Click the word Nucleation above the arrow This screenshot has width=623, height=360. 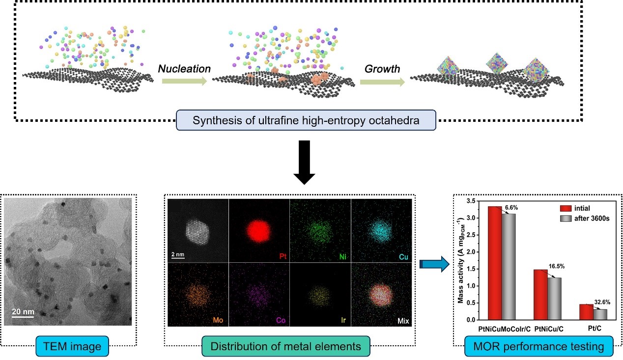pyautogui.click(x=184, y=69)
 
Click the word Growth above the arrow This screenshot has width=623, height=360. pyautogui.click(x=383, y=68)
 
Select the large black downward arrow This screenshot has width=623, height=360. pyautogui.click(x=305, y=162)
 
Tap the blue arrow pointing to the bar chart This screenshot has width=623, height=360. pyautogui.click(x=435, y=265)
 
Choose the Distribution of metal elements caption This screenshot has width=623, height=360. pyautogui.click(x=286, y=346)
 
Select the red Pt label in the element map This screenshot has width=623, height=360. pyautogui.click(x=282, y=256)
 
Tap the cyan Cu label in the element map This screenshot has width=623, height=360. pyautogui.click(x=405, y=256)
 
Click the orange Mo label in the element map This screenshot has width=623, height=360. pyautogui.click(x=219, y=320)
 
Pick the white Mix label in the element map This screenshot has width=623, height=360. pyautogui.click(x=403, y=321)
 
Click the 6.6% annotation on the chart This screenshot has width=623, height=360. pyautogui.click(x=511, y=207)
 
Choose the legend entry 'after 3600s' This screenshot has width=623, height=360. pyautogui.click(x=592, y=218)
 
